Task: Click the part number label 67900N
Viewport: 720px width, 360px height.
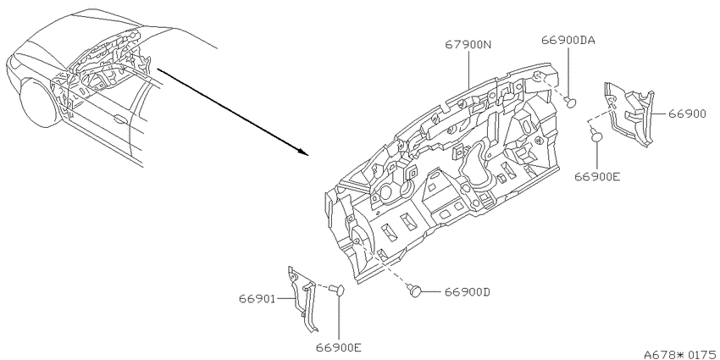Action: point(468,45)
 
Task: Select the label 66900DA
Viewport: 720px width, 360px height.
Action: point(568,40)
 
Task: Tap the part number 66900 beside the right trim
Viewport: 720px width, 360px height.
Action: point(687,114)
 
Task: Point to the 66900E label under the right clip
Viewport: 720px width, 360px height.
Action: point(597,176)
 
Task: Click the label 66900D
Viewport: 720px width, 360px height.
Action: point(467,291)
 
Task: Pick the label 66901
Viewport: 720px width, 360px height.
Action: point(257,299)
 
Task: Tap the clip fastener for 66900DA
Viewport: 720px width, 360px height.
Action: point(570,102)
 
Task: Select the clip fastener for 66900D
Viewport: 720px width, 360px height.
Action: point(415,291)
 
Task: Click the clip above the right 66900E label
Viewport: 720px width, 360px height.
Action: point(595,135)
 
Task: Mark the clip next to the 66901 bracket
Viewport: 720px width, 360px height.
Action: point(337,290)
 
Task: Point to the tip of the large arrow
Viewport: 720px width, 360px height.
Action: point(307,154)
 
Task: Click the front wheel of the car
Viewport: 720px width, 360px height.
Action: point(42,102)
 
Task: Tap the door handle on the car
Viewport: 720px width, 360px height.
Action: point(120,120)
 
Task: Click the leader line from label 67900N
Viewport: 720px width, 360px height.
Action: point(468,69)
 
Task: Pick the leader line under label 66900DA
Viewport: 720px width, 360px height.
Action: point(569,72)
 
